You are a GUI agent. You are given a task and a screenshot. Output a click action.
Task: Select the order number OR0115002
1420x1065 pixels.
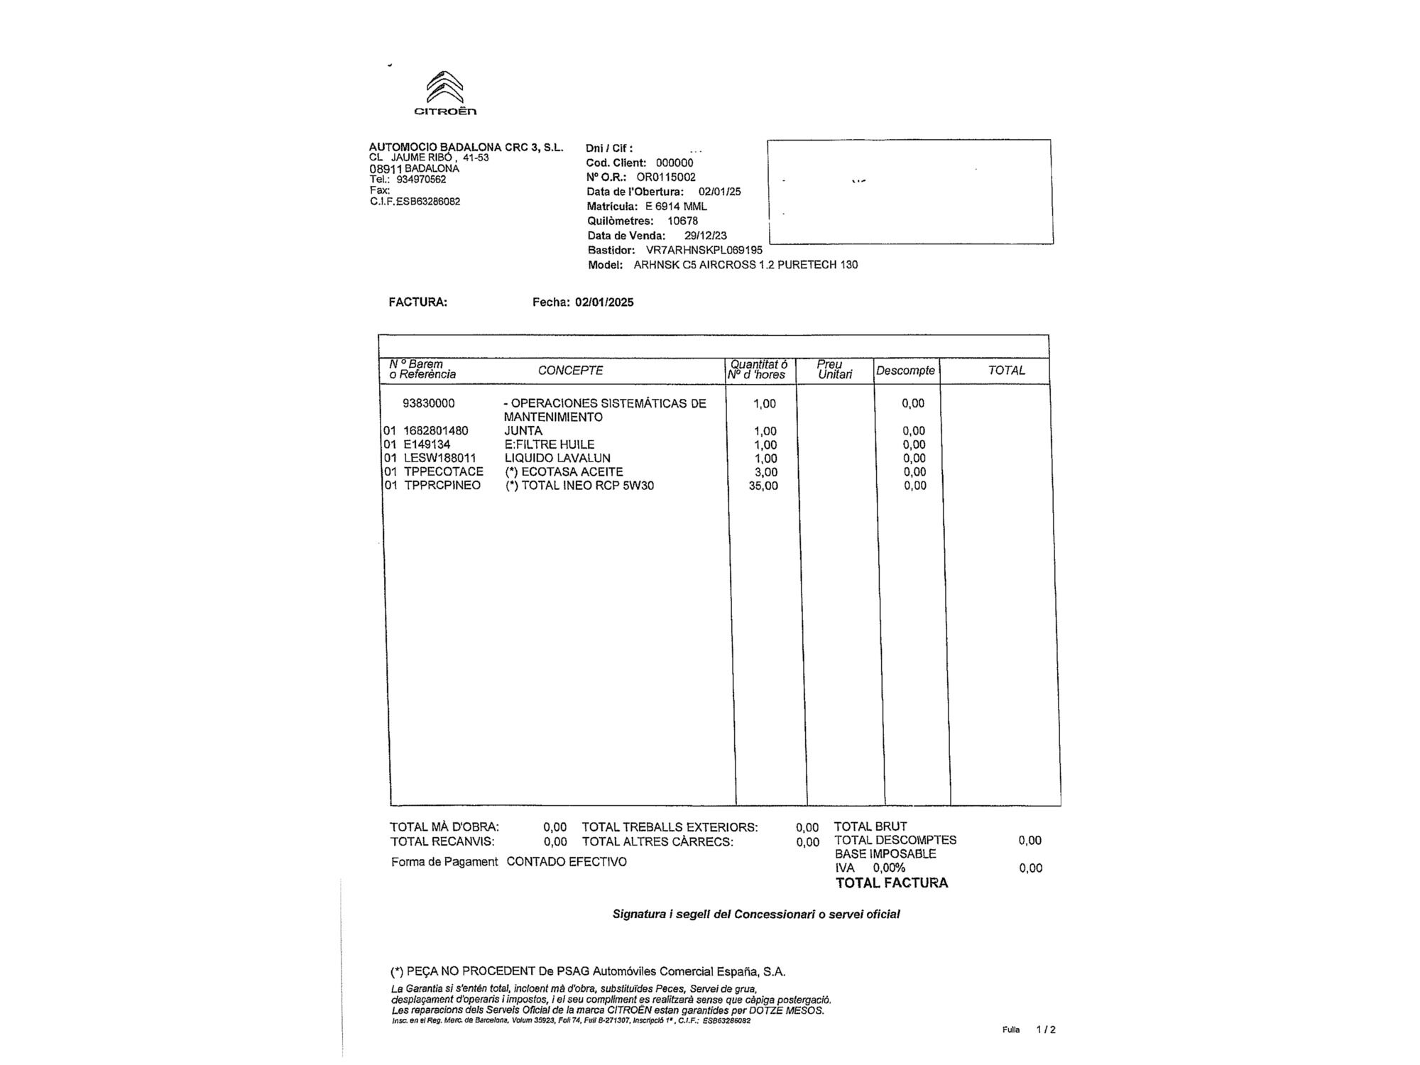pyautogui.click(x=666, y=177)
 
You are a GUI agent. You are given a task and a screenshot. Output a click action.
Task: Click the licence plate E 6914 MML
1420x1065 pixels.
pyautogui.click(x=676, y=207)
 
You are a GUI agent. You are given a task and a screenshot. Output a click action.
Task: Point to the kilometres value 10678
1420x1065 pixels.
pyautogui.click(x=682, y=221)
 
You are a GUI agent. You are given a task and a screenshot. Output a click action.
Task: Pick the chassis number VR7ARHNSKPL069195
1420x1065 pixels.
pyautogui.click(x=704, y=251)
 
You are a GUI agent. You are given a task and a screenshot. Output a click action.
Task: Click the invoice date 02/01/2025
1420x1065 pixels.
pyautogui.click(x=604, y=302)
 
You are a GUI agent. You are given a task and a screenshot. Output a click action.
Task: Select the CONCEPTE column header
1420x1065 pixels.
pyautogui.click(x=570, y=371)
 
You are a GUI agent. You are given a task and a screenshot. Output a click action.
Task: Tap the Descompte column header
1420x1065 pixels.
pyautogui.click(x=905, y=371)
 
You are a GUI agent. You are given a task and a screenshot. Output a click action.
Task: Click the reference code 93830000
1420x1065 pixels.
pyautogui.click(x=429, y=403)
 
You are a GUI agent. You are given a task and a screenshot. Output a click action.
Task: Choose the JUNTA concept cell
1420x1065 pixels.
pyautogui.click(x=523, y=431)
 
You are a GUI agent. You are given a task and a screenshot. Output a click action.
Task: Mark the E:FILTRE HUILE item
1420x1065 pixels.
pyautogui.click(x=550, y=444)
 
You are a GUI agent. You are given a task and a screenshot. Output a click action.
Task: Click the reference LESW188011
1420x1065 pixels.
pyautogui.click(x=440, y=459)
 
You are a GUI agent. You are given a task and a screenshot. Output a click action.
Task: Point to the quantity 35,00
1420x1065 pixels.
pyautogui.click(x=763, y=486)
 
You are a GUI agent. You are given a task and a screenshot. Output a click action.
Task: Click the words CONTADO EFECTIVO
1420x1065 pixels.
pyautogui.click(x=567, y=862)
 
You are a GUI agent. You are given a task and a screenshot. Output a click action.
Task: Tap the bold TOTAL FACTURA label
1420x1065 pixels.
pyautogui.click(x=892, y=883)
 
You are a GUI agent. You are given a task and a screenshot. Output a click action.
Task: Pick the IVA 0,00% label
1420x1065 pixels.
pyautogui.click(x=870, y=868)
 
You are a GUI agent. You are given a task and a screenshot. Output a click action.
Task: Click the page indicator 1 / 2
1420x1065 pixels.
pyautogui.click(x=1046, y=1029)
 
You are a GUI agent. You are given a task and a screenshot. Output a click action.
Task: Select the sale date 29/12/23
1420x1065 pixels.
pyautogui.click(x=706, y=236)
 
